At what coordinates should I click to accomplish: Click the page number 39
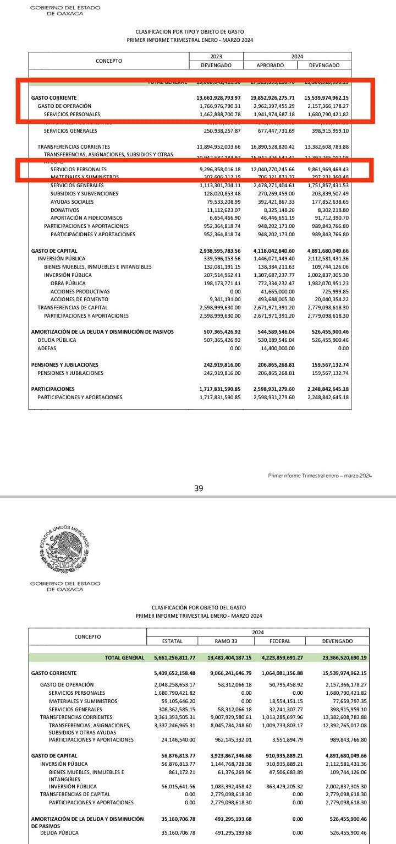pyautogui.click(x=199, y=488)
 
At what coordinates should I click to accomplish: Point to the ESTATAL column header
pyautogui.click(x=172, y=641)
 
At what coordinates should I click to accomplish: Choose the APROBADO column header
pyautogui.click(x=270, y=65)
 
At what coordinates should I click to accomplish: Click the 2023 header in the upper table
pyautogui.click(x=216, y=57)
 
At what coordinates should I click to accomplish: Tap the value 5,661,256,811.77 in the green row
pyautogui.click(x=172, y=657)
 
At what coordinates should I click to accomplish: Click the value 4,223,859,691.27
pyautogui.click(x=279, y=657)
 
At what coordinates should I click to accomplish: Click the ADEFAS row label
pyautogui.click(x=47, y=349)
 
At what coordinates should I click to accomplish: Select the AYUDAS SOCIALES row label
pyautogui.click(x=72, y=202)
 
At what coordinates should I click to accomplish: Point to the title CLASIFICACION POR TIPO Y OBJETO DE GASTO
pyautogui.click(x=190, y=32)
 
